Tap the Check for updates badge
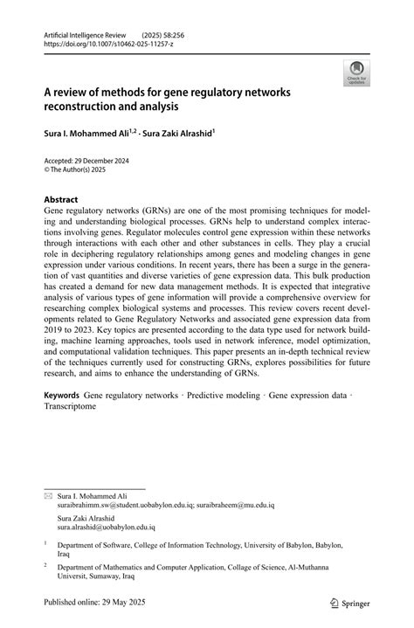tap(356, 75)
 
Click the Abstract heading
tap(62, 199)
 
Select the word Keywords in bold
tap(61, 396)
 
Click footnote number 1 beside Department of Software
tap(46, 543)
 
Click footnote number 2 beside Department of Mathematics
tap(46, 565)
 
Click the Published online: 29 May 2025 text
tap(96, 603)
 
